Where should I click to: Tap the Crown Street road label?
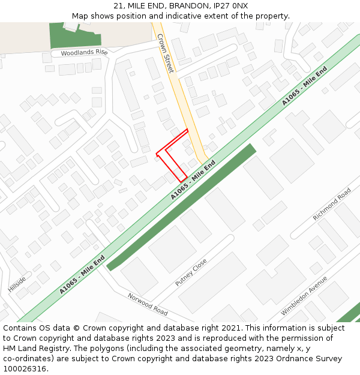(x=165, y=54)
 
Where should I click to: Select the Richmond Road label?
(x=332, y=204)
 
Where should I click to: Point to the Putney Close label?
(x=191, y=272)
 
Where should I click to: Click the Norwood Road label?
(x=148, y=304)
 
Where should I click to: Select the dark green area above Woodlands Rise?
(x=66, y=36)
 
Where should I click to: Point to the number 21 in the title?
(x=118, y=6)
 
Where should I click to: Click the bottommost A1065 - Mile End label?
(x=82, y=275)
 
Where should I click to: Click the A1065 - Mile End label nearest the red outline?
(x=193, y=180)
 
